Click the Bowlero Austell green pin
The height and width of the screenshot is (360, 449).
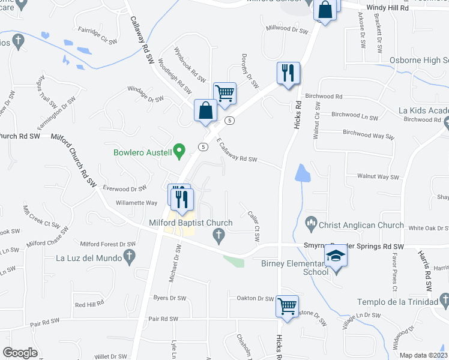pos(178,150)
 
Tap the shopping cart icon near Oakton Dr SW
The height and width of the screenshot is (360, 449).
pos(287,306)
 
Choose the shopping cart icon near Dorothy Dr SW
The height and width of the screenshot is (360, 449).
pos(224,93)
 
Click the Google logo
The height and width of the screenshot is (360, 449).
pos(20,353)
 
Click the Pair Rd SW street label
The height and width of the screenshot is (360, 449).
pos(163,319)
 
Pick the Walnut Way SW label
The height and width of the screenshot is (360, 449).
pos(378,176)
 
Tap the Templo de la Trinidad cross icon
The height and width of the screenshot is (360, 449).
pos(444,299)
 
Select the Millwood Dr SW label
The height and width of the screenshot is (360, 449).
pos(286,28)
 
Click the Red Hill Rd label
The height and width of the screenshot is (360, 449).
pos(89,305)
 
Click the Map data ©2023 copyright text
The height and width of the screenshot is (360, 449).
pos(423,355)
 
